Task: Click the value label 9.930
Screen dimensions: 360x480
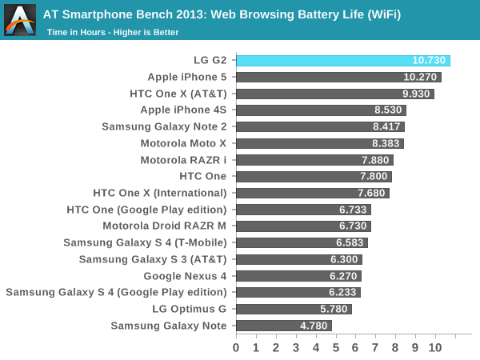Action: point(417,94)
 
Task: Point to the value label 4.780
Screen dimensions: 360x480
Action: point(314,326)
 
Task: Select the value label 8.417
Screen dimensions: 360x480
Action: point(388,126)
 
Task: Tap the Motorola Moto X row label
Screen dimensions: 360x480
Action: point(183,143)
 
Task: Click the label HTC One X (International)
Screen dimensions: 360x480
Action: point(160,193)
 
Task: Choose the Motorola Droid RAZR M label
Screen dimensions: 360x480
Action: point(164,226)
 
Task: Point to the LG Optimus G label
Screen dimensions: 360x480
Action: point(189,309)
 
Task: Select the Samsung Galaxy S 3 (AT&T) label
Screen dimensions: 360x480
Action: point(153,259)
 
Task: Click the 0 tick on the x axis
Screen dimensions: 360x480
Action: point(236,348)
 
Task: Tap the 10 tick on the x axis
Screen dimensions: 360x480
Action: point(434,348)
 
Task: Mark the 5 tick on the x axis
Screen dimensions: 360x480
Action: point(335,348)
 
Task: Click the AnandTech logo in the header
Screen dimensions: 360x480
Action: point(20,20)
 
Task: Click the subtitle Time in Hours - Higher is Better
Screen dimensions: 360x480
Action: point(112,32)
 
